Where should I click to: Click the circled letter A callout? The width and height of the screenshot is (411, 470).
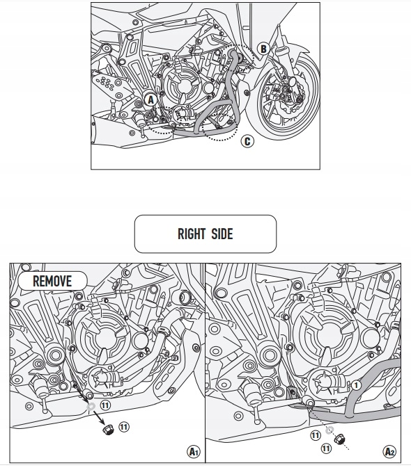[150, 100]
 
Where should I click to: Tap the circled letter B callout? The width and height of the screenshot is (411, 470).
[263, 49]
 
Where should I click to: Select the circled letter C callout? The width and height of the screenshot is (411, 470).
[247, 142]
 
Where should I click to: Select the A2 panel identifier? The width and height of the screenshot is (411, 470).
[389, 451]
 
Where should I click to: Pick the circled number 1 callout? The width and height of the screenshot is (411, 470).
[356, 384]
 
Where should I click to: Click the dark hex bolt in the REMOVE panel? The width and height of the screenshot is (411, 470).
[108, 430]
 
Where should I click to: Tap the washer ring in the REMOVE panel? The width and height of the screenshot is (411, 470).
[91, 404]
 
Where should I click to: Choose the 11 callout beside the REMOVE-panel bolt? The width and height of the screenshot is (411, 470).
[123, 426]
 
